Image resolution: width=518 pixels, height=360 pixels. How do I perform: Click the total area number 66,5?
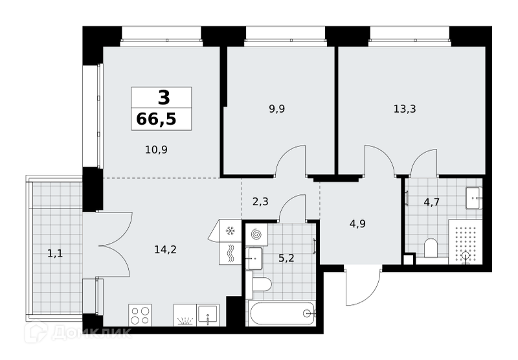156,119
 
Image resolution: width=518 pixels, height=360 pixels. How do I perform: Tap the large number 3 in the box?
164,98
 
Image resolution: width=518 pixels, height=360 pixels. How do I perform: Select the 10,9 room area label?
156,150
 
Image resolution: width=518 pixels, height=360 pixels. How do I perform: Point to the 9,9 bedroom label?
277,109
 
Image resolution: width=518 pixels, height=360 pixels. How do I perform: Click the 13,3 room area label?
405,109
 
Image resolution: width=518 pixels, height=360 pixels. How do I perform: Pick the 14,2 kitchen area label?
166,249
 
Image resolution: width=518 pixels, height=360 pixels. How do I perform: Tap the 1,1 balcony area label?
55,254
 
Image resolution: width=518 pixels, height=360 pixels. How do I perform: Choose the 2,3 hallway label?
261,201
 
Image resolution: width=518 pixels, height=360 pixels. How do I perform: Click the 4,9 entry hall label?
358,223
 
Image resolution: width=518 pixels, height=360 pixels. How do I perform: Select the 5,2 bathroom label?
286,258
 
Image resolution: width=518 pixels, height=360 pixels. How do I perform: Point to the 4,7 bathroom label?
431,201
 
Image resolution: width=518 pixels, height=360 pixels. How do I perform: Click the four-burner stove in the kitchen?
140,315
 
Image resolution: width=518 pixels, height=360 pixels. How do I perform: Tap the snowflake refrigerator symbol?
230,231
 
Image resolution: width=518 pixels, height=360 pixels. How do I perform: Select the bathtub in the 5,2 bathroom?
282,313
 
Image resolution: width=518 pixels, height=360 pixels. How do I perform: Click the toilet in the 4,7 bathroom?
431,248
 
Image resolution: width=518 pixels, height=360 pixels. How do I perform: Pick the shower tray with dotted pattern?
465,242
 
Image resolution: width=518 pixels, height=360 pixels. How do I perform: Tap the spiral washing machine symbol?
256,234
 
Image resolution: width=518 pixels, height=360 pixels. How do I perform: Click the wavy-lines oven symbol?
231,253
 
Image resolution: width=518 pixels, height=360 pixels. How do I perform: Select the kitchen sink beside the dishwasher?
208,315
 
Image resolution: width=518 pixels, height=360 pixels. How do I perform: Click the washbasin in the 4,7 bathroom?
474,198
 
